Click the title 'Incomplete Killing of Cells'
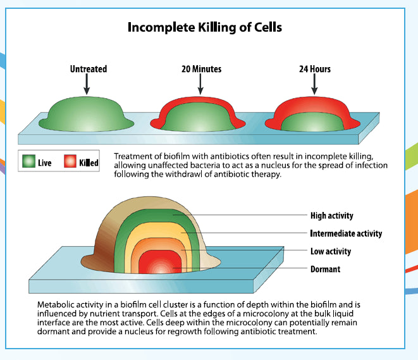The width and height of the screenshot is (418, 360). [204, 27]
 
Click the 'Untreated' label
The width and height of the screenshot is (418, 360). [88, 69]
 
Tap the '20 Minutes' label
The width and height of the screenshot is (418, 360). [200, 69]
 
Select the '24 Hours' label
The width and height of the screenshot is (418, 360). [314, 69]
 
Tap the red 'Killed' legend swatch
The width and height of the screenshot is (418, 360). [70, 162]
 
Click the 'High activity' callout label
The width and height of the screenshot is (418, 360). [331, 216]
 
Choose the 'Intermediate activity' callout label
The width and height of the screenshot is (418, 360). [346, 233]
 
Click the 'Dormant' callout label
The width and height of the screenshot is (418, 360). [325, 269]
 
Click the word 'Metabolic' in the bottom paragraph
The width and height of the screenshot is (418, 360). [55, 304]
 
